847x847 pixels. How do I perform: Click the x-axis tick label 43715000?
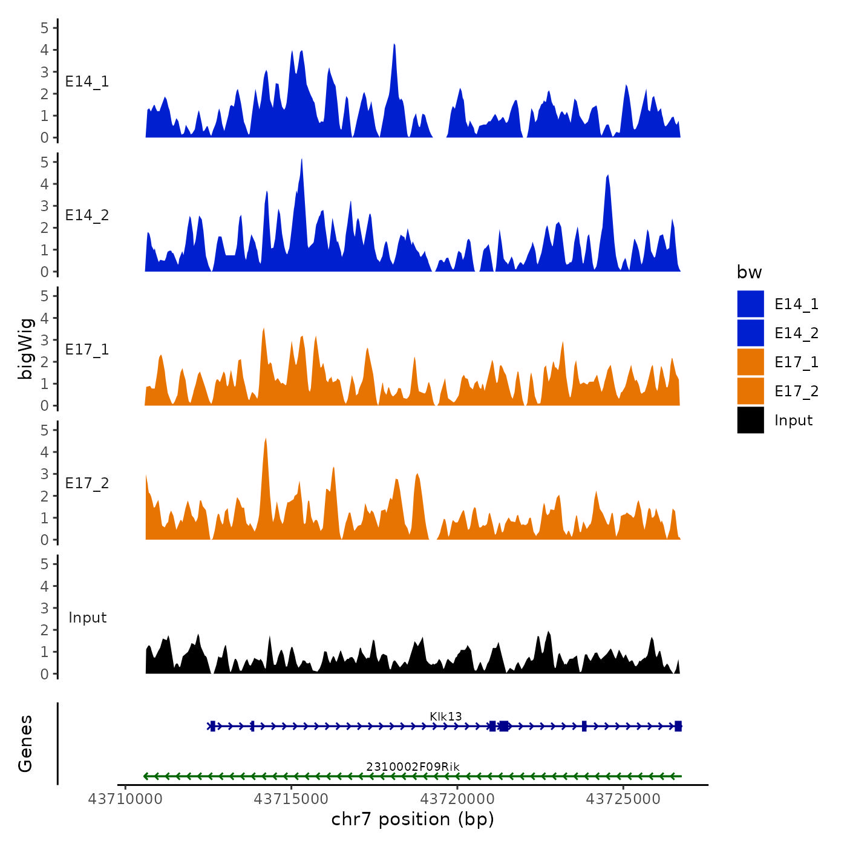291,799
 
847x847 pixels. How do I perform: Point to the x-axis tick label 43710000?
125,799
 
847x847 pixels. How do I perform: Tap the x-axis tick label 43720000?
457,799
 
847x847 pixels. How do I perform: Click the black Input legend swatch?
750,420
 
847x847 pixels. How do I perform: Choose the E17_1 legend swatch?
750,362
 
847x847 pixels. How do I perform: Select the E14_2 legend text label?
796,333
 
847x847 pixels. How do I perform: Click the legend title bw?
749,273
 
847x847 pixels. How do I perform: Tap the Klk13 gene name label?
446,716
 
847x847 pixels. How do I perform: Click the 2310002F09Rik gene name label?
413,767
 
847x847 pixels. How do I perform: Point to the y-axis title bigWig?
25,349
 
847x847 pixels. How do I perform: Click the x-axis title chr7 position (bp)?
413,819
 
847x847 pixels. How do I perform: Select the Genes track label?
25,744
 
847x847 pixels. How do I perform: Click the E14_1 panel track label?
87,82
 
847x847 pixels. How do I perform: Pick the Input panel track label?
87,618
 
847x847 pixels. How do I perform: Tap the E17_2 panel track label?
87,483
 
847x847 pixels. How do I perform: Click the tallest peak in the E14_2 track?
301,160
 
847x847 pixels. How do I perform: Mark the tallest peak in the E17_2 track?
266,439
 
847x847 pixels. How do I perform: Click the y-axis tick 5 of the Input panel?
45,564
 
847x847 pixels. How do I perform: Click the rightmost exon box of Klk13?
678,726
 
